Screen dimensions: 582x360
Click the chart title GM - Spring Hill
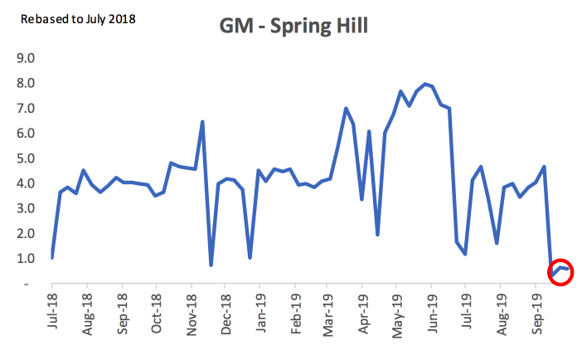tap(293, 26)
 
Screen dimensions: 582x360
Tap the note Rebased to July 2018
tap(78, 19)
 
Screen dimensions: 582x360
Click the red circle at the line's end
tap(560, 272)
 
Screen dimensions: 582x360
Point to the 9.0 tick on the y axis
tap(26, 58)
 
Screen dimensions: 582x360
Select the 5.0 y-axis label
tap(26, 158)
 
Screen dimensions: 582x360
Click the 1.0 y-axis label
tap(26, 258)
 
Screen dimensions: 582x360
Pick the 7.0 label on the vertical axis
tap(26, 108)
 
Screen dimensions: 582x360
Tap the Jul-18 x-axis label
tap(52, 311)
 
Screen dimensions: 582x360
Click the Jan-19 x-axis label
tap(261, 313)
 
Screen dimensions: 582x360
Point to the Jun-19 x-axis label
tap(433, 314)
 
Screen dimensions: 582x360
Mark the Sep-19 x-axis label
tap(536, 314)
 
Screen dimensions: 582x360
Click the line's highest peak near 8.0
tap(425, 84)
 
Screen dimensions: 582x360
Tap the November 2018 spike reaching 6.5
tap(202, 122)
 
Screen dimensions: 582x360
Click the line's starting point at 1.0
tap(52, 257)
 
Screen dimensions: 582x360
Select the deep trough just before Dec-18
tap(211, 265)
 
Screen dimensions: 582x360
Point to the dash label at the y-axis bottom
tap(26, 285)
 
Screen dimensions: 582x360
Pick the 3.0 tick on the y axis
tap(26, 208)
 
